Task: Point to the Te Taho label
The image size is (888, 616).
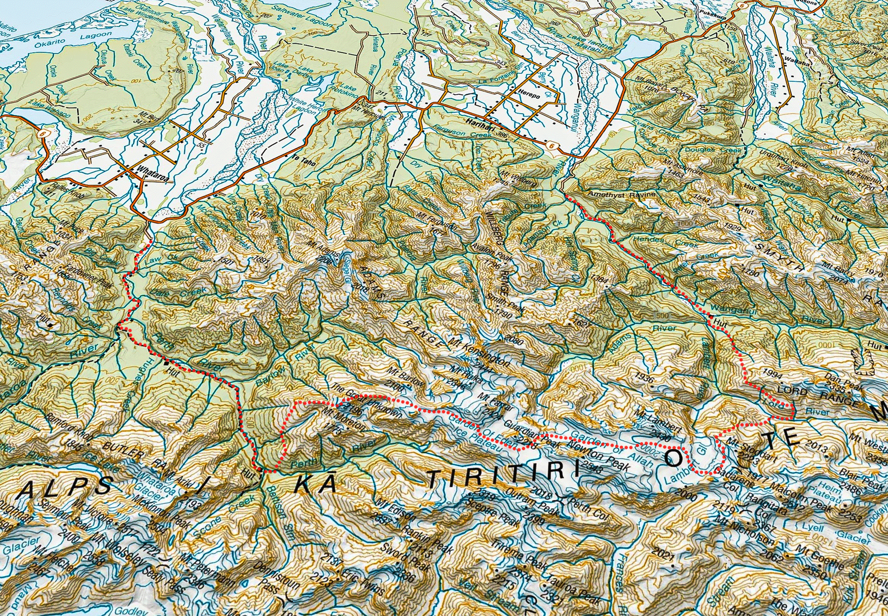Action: (x=303, y=160)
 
